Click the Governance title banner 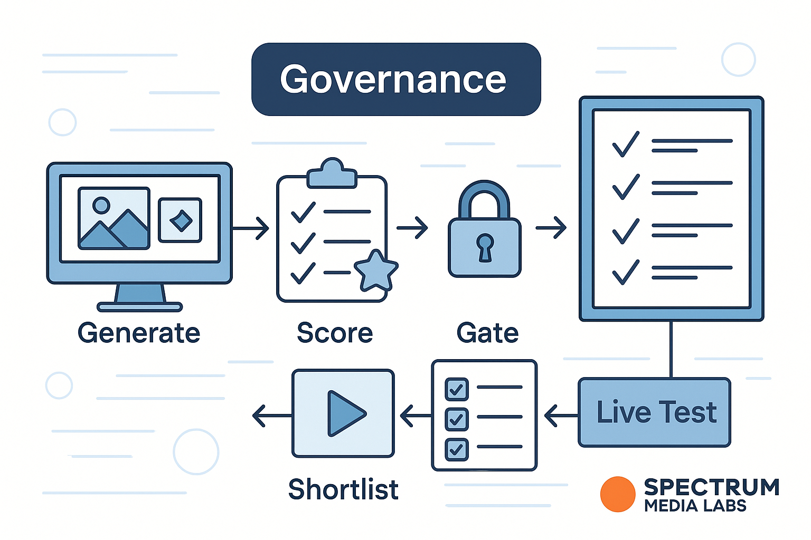396,79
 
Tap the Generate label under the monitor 139,333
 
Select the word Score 335,333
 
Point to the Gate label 487,333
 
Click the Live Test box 655,412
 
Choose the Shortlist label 343,489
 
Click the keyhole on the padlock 485,246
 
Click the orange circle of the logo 617,494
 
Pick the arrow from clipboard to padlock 412,228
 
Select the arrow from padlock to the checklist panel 551,228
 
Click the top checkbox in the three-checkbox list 456,389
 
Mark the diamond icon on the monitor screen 181,220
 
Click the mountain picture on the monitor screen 114,218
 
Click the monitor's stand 140,297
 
